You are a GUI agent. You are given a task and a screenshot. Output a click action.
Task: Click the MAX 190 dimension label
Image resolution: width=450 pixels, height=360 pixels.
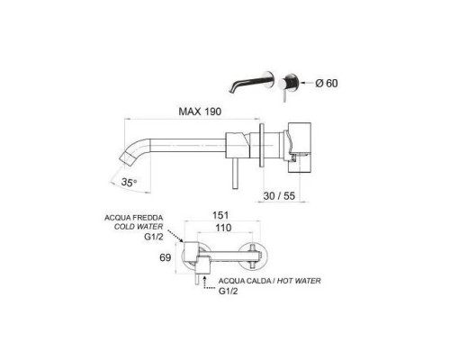(x=200, y=112)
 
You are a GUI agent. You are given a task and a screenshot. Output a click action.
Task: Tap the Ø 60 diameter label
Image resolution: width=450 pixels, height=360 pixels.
(x=327, y=83)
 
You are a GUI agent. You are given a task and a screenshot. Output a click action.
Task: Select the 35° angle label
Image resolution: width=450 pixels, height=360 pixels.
(x=130, y=182)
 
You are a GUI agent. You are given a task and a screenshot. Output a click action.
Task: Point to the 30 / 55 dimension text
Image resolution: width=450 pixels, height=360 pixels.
(x=279, y=196)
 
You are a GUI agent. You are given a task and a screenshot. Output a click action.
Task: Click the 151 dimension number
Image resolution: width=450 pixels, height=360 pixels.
(x=220, y=215)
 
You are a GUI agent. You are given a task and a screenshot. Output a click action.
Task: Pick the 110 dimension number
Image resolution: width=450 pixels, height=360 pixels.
(x=223, y=228)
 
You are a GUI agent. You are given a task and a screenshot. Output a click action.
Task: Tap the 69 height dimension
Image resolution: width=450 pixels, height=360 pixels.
(x=166, y=257)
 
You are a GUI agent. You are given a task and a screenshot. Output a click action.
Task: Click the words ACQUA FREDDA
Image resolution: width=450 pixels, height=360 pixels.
(x=134, y=218)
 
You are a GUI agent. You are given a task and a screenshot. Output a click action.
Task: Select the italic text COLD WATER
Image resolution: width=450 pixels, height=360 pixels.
(x=139, y=227)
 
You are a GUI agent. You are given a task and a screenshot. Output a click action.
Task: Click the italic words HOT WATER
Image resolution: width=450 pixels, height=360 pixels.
(x=299, y=281)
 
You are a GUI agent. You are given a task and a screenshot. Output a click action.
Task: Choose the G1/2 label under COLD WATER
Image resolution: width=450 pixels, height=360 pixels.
(x=154, y=237)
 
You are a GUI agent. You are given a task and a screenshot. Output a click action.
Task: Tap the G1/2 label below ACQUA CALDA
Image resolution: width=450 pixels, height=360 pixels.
(x=228, y=291)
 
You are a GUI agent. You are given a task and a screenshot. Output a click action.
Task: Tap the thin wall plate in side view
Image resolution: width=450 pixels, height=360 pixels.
(x=262, y=145)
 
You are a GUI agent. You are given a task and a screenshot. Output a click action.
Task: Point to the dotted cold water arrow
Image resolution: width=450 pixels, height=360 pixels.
(x=175, y=236)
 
